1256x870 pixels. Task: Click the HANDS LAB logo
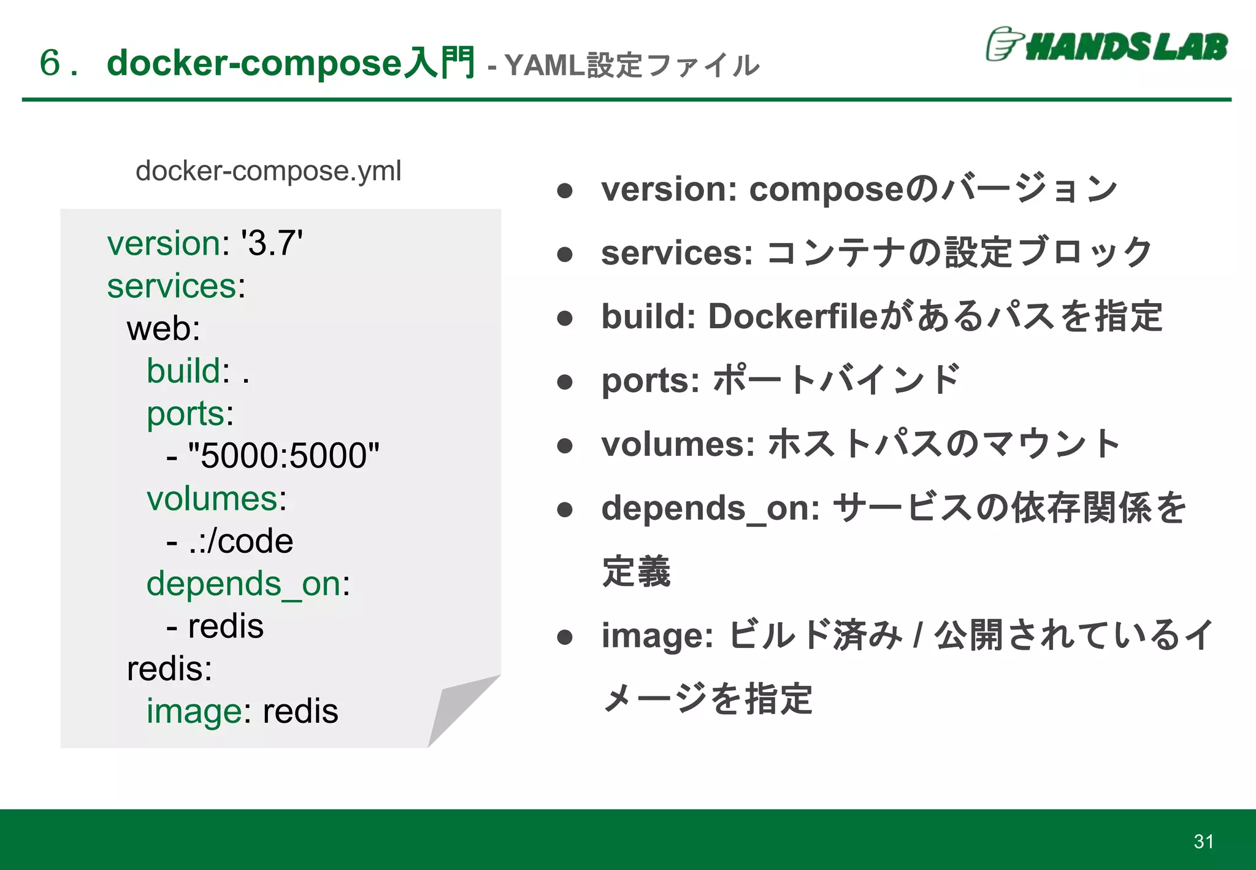pos(1106,45)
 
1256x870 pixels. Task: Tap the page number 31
pos(1203,841)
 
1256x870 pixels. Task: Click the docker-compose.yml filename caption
pos(268,171)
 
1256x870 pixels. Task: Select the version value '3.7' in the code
pos(272,243)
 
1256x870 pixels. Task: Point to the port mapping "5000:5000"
pos(283,456)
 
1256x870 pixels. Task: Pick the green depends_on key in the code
pos(243,583)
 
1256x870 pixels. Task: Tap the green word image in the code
pos(194,712)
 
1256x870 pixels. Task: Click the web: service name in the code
pos(163,328)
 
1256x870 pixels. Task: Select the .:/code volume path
pos(240,541)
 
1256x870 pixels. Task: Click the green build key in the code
pos(183,371)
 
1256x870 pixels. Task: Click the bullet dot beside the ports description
pos(565,382)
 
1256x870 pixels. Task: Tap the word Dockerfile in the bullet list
pos(794,317)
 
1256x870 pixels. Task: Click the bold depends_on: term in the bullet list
pos(710,509)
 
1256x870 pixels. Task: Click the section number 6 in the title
pos(50,63)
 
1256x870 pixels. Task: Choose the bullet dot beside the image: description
pos(565,637)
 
